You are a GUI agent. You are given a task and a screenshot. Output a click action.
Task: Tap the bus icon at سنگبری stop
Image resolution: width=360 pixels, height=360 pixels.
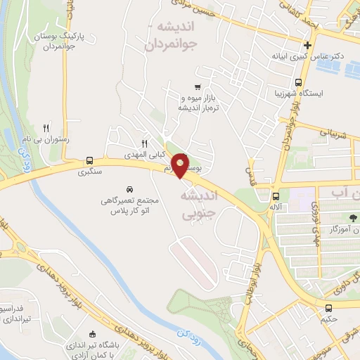click(90, 160)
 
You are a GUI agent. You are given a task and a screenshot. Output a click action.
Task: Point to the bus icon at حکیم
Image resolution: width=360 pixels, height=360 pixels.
click(328, 308)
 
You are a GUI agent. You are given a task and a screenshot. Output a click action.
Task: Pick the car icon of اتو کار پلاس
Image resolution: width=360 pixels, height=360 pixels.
click(129, 189)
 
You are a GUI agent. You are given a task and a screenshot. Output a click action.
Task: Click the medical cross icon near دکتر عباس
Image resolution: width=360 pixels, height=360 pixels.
click(308, 46)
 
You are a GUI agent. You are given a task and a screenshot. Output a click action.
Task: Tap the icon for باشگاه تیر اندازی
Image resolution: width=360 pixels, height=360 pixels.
click(92, 333)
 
